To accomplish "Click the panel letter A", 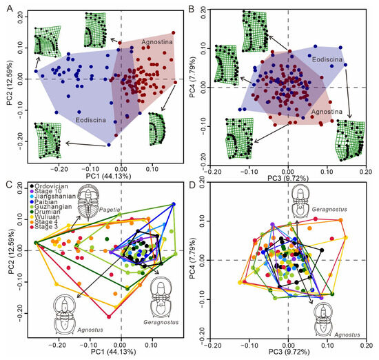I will point(5,7).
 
